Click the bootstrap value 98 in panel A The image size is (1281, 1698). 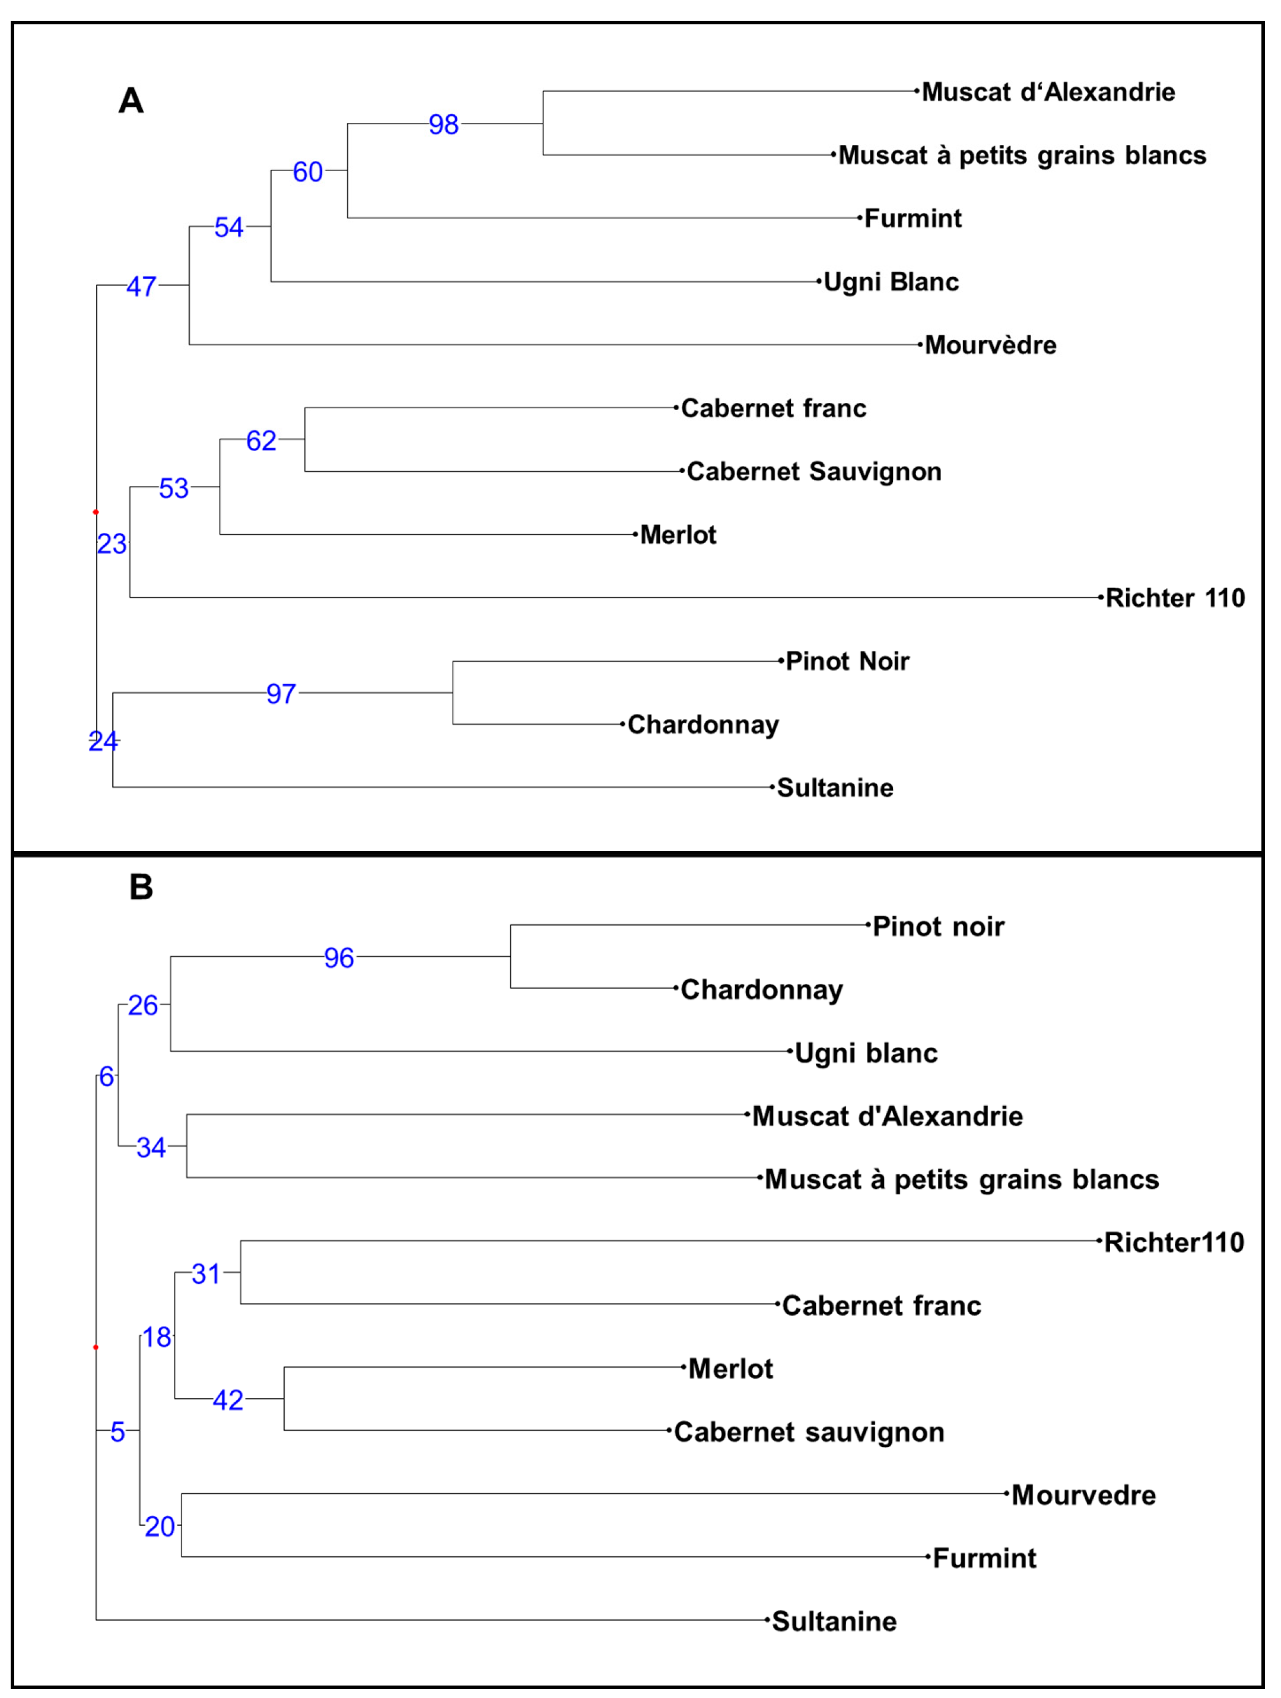[444, 125]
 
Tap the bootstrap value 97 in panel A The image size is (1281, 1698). [281, 694]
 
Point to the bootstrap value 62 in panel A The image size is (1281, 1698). [261, 440]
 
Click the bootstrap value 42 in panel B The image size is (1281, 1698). [228, 1400]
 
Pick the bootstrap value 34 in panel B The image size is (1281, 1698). [151, 1148]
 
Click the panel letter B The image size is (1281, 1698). [141, 887]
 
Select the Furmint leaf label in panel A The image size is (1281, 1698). [913, 219]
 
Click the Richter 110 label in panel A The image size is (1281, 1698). [1174, 598]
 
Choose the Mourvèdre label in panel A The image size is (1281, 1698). [990, 345]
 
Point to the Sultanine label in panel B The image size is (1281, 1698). [834, 1622]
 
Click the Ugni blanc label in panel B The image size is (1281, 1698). [866, 1053]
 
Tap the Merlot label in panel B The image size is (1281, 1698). [730, 1369]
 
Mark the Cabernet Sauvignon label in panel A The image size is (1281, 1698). [813, 471]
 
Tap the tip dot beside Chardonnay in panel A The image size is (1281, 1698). [622, 724]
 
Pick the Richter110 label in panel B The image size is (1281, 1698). [1174, 1243]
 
